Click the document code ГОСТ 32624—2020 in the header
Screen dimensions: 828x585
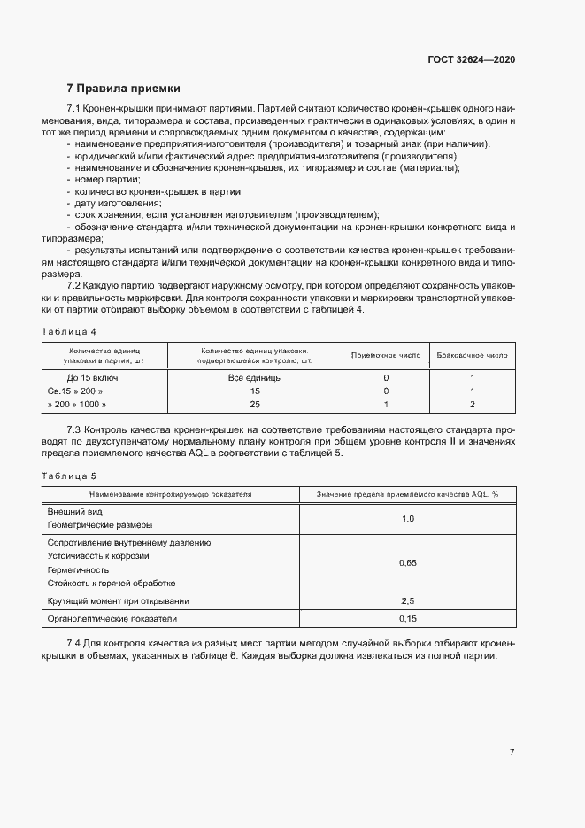click(x=470, y=59)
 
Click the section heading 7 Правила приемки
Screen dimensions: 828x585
click(x=123, y=89)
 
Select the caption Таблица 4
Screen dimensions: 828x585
click(x=69, y=331)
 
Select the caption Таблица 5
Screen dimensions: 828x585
click(x=69, y=476)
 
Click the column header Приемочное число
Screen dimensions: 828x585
click(x=385, y=355)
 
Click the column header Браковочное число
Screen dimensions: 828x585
click(x=472, y=355)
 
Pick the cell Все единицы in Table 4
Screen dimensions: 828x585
click(x=255, y=377)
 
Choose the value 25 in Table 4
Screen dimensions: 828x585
click(x=255, y=404)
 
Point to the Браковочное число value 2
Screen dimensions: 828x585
click(x=473, y=404)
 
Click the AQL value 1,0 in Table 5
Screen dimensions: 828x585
click(x=407, y=518)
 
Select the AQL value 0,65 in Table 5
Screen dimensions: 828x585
click(x=407, y=562)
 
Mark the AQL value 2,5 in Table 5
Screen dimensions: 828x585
click(x=407, y=601)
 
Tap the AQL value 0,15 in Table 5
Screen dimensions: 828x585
click(x=407, y=618)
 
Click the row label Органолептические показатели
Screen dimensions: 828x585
click(x=112, y=618)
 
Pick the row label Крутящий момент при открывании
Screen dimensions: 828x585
click(x=118, y=601)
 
